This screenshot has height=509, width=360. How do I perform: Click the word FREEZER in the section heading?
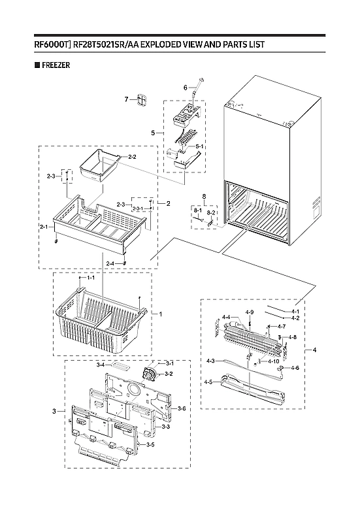56,65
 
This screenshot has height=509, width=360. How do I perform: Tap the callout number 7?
127,99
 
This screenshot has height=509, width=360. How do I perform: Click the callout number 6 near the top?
185,88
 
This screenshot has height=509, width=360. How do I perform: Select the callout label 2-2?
131,157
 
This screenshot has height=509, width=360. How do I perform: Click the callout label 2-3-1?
139,209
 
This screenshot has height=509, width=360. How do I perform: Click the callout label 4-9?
250,312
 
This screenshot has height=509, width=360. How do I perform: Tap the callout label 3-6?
182,408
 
